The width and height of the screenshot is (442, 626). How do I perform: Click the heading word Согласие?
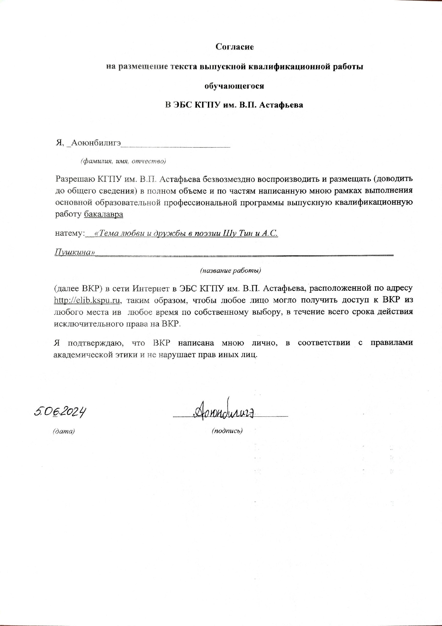234,47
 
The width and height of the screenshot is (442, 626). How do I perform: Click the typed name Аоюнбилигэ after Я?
96,143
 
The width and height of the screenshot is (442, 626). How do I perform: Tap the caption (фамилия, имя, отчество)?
123,161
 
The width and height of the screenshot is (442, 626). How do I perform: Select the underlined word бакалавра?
103,214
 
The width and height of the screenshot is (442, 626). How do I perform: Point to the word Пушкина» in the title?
75,252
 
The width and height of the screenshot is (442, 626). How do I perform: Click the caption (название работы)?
231,271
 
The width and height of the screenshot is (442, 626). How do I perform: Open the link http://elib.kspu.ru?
87,301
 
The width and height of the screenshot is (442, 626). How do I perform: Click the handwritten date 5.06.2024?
61,412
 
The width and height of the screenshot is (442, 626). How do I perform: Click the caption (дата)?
64,431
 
